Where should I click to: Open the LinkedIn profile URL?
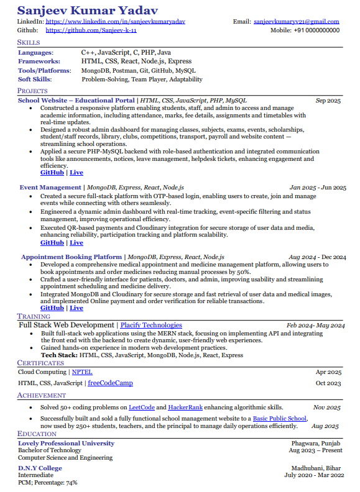(x=115, y=22)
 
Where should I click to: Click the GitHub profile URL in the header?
(x=91, y=30)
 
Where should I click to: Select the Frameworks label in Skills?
(x=39, y=61)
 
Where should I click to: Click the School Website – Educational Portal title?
(x=76, y=100)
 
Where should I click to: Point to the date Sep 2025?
(x=328, y=101)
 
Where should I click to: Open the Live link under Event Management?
(x=76, y=243)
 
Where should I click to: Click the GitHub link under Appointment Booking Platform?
(x=52, y=308)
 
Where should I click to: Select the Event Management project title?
(x=50, y=187)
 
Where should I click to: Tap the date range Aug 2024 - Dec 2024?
(x=317, y=257)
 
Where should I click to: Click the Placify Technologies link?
(x=151, y=325)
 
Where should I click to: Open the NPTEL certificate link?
(x=82, y=372)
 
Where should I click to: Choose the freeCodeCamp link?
(x=110, y=383)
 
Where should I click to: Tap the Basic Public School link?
(x=280, y=419)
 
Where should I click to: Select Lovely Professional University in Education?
(x=66, y=443)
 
